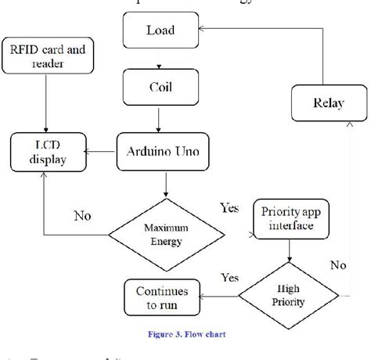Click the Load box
160,32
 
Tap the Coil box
160,87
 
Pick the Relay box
327,103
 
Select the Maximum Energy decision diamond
166,232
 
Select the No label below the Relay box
337,265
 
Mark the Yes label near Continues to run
229,277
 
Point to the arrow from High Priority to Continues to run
219,297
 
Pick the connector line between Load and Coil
160,59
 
